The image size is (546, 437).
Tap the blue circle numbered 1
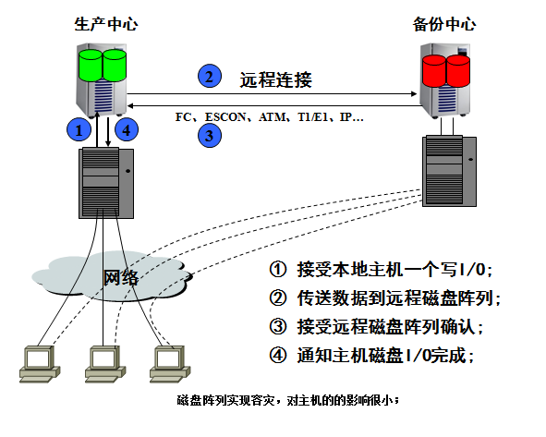pyautogui.click(x=80, y=129)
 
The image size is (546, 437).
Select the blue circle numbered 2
pyautogui.click(x=210, y=77)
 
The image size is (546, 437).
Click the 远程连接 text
pyautogui.click(x=275, y=80)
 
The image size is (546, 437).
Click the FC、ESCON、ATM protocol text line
pyautogui.click(x=270, y=118)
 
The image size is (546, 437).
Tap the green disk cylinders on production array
pyautogui.click(x=102, y=64)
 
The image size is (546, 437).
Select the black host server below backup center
pyautogui.click(x=450, y=172)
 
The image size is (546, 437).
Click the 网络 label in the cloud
pyautogui.click(x=120, y=276)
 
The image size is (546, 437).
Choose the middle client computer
pyautogui.click(x=102, y=364)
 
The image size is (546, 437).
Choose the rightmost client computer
pyautogui.click(x=166, y=364)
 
